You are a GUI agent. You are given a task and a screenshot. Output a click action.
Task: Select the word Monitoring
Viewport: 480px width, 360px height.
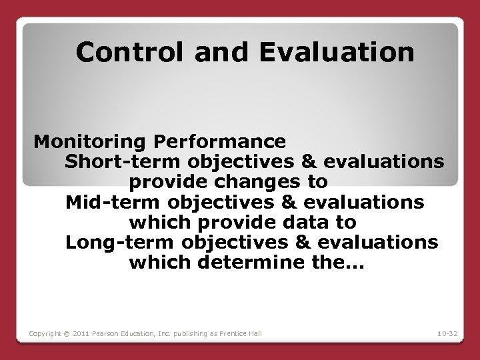click(91, 142)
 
